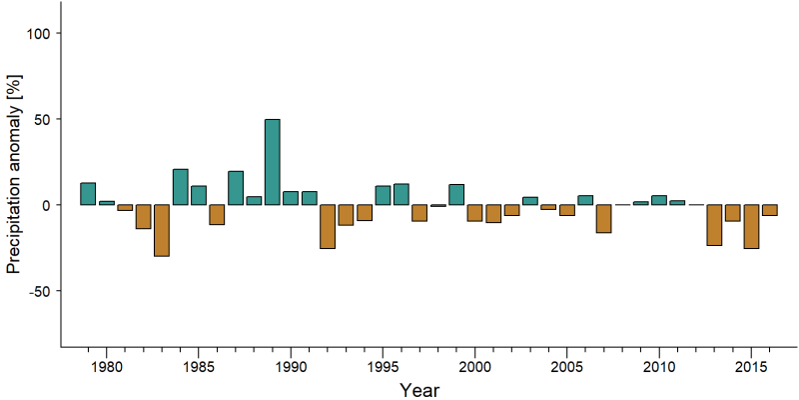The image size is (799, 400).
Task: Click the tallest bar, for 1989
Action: [x=273, y=162]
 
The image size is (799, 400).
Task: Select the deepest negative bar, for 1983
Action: [x=162, y=230]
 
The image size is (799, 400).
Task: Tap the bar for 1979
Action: [x=88, y=194]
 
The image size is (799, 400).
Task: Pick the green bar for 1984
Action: [x=181, y=187]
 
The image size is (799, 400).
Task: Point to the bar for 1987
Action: [x=236, y=188]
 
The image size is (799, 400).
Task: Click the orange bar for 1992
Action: [x=328, y=227]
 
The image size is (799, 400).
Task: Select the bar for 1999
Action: [x=456, y=194]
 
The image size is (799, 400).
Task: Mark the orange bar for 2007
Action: [x=604, y=218]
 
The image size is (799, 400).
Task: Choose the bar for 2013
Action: [x=714, y=225]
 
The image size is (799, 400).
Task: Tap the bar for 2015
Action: [x=752, y=227]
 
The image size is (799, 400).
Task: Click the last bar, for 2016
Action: [x=770, y=210]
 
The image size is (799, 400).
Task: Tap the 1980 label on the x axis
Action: [x=107, y=366]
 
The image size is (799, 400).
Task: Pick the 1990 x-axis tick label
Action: [x=291, y=366]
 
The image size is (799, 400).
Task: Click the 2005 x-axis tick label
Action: [x=567, y=366]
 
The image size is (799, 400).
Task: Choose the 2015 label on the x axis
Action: [x=752, y=366]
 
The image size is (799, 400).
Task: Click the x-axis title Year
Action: [x=418, y=390]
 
